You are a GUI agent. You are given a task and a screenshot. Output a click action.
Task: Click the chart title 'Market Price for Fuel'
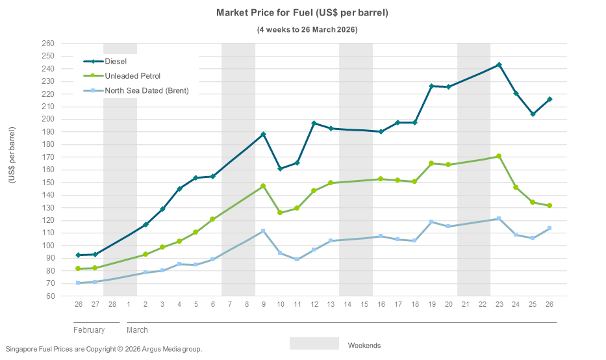tap(302, 13)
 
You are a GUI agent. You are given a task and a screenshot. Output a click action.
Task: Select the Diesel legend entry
tap(116, 62)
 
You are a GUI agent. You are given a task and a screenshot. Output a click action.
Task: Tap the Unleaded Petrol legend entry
tap(133, 76)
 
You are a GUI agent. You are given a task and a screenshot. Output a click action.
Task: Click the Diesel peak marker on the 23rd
tap(499, 65)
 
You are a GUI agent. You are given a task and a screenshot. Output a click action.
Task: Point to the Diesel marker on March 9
tap(263, 135)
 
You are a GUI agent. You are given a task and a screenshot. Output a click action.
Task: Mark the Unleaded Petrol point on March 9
tap(263, 186)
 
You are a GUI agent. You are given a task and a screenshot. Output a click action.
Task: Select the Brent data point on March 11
tap(297, 259)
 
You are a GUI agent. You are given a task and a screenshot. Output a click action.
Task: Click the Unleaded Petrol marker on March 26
tap(549, 205)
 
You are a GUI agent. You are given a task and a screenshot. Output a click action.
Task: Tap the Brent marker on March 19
tap(431, 222)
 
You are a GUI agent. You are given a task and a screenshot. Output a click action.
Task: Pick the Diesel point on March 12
tap(314, 123)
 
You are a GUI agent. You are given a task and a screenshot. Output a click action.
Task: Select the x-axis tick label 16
tap(381, 304)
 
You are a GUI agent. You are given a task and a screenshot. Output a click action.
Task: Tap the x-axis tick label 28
tap(112, 304)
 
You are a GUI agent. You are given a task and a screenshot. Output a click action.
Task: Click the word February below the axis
tap(89, 330)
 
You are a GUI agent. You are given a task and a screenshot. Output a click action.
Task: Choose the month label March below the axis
tap(137, 330)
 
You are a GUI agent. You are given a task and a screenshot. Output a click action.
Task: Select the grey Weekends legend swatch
tap(314, 344)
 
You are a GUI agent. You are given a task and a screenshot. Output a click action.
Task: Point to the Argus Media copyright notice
tap(103, 349)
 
